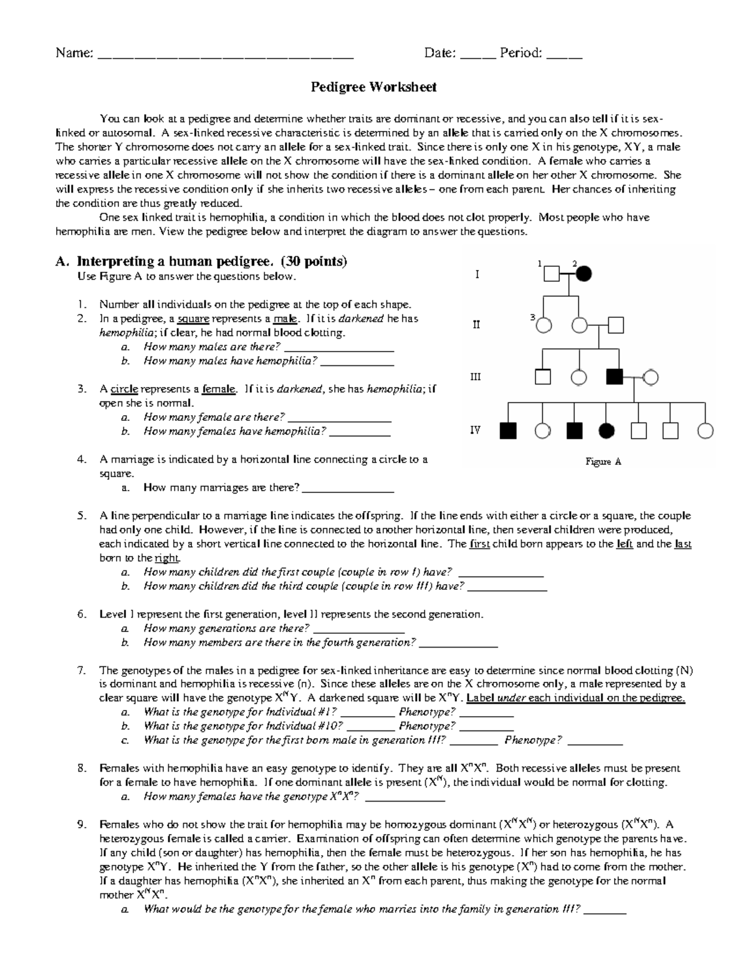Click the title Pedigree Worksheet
[x=373, y=87]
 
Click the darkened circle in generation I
[x=584, y=274]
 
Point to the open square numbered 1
[x=551, y=274]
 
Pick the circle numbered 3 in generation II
[x=544, y=325]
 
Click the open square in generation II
[x=616, y=325]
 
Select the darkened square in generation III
[x=615, y=377]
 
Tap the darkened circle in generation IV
[x=606, y=431]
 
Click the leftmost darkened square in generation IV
[x=508, y=431]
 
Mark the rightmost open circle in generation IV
[x=706, y=431]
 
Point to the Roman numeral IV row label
[x=475, y=430]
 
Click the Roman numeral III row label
[x=475, y=377]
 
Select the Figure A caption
[x=603, y=462]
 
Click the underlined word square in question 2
[x=193, y=319]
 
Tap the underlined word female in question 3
[x=219, y=389]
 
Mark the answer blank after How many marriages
[x=347, y=488]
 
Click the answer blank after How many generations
[x=358, y=629]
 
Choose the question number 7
[x=82, y=671]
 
